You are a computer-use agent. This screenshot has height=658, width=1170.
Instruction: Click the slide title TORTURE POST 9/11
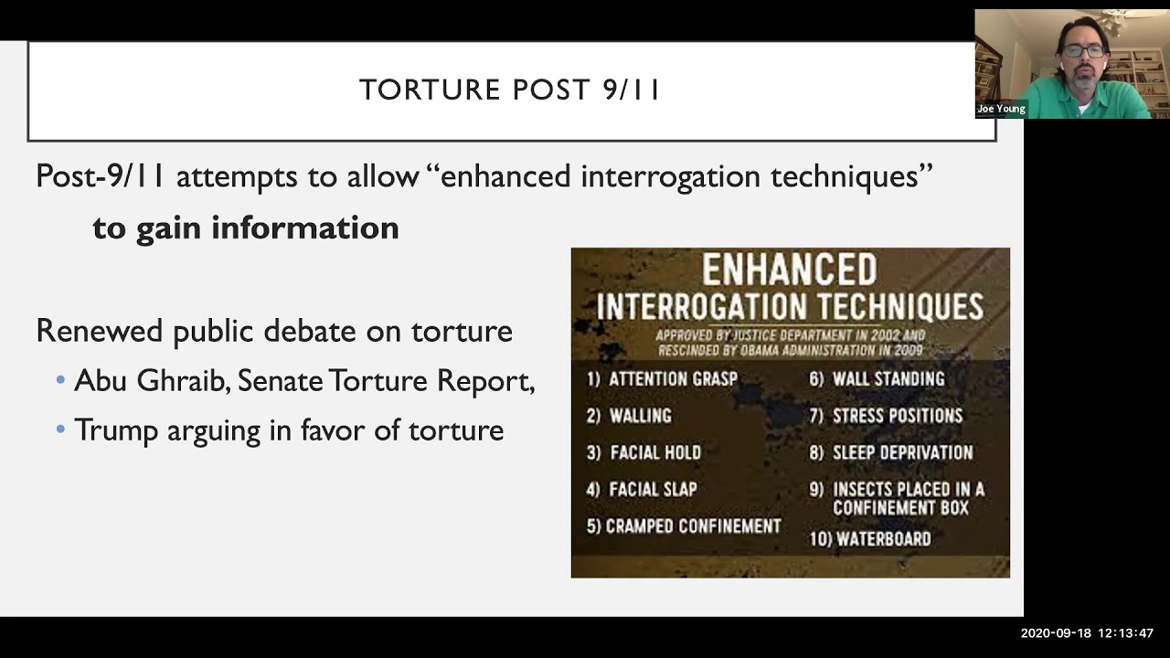click(x=509, y=90)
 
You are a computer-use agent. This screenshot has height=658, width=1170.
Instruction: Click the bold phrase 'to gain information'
click(x=245, y=228)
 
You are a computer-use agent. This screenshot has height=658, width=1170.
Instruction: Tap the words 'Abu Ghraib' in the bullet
click(x=151, y=380)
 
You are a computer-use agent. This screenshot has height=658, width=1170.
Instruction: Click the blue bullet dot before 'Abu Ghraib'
click(x=60, y=380)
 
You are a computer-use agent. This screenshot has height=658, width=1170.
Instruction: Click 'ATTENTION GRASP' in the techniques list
click(x=672, y=378)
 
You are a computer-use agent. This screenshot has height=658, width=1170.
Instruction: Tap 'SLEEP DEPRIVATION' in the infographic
click(x=902, y=452)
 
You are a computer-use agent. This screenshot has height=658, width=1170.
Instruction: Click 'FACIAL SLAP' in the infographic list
click(x=653, y=489)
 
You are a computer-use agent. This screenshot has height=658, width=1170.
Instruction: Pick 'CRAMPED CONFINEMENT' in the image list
click(x=693, y=526)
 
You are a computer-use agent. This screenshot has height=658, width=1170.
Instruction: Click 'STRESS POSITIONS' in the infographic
click(x=897, y=416)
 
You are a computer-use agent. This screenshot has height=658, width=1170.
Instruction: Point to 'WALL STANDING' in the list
click(x=888, y=378)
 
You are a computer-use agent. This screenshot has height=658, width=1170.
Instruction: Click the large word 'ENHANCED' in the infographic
click(x=789, y=271)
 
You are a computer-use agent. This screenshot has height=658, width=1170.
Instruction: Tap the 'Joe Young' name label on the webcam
click(x=1001, y=109)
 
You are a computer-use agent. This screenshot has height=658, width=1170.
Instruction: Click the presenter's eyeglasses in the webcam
click(x=1084, y=51)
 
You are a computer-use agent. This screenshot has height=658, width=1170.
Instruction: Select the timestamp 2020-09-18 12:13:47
click(x=1087, y=632)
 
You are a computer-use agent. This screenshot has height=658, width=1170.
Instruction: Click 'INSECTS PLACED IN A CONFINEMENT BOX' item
click(x=908, y=499)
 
